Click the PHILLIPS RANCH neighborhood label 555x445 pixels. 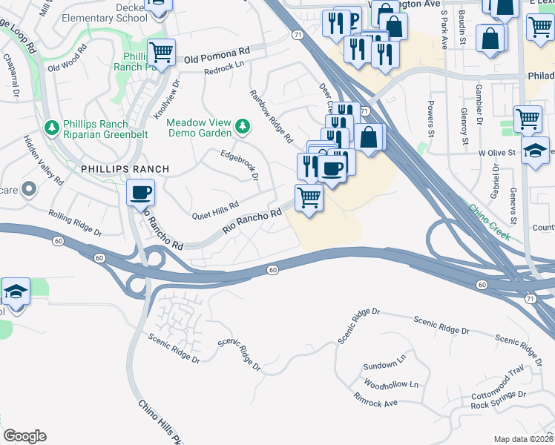[125, 169]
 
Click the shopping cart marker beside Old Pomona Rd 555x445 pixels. [161, 53]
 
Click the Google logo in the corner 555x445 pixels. [24, 436]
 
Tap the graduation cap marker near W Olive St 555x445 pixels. [534, 151]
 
